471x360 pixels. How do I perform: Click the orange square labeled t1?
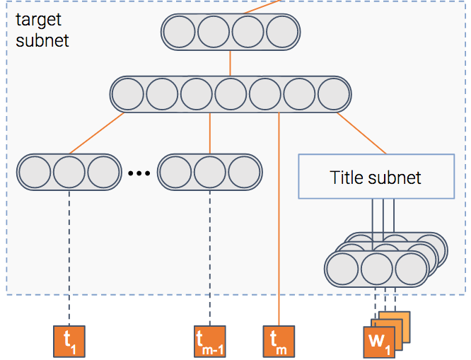(69, 342)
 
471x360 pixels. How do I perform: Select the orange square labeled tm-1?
(209, 342)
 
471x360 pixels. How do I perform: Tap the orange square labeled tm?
(279, 342)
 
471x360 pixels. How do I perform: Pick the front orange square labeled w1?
(379, 342)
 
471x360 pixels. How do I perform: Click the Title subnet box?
(376, 176)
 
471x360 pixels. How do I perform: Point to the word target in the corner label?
(38, 20)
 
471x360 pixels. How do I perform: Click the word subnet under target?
(42, 40)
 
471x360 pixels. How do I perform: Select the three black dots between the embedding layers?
(139, 173)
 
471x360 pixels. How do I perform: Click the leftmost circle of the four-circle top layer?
(180, 32)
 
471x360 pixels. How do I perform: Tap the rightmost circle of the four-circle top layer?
(282, 32)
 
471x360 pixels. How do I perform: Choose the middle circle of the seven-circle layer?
(231, 94)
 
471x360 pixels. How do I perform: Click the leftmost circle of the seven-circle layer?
(128, 94)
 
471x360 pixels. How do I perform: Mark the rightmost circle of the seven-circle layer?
(333, 94)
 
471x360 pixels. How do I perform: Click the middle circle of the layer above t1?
(69, 172)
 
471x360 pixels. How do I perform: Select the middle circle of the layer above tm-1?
(209, 172)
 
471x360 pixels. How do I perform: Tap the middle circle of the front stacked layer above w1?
(377, 269)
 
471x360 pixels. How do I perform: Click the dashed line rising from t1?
(69, 258)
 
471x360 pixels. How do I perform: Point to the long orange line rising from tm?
(279, 219)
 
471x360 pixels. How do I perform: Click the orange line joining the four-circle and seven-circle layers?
(230, 63)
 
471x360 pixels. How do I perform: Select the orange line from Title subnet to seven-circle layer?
(362, 134)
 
